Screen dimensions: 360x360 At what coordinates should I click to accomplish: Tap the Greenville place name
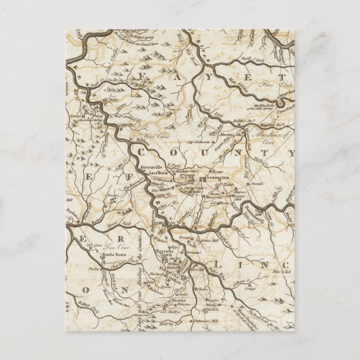pyautogui.click(x=151, y=167)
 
